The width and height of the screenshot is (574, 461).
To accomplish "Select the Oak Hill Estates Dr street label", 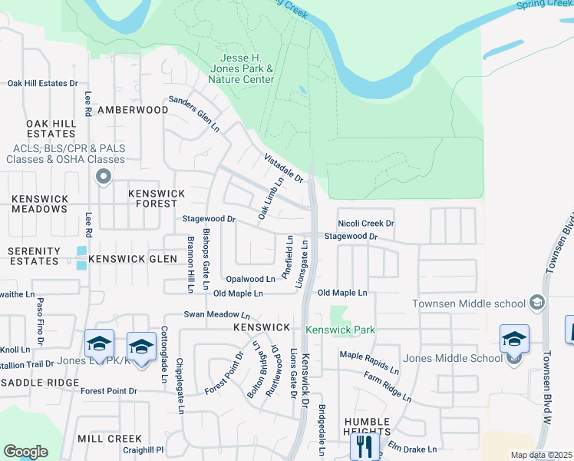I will click(43, 83).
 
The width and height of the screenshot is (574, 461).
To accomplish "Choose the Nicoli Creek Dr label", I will click(365, 224).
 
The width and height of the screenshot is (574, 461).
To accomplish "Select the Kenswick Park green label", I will click(341, 330).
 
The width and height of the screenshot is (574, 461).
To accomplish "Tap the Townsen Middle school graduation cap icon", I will click(536, 304).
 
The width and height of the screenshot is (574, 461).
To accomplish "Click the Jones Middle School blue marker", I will click(514, 339).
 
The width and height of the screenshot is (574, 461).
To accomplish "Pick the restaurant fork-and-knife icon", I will click(365, 446).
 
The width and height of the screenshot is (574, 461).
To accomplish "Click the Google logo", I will click(25, 452).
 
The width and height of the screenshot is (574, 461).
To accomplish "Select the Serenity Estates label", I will click(34, 256).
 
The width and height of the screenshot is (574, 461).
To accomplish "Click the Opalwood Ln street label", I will click(250, 279).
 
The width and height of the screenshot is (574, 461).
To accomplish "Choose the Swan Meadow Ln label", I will click(216, 314).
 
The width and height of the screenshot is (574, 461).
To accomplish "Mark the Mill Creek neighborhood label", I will click(110, 438).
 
